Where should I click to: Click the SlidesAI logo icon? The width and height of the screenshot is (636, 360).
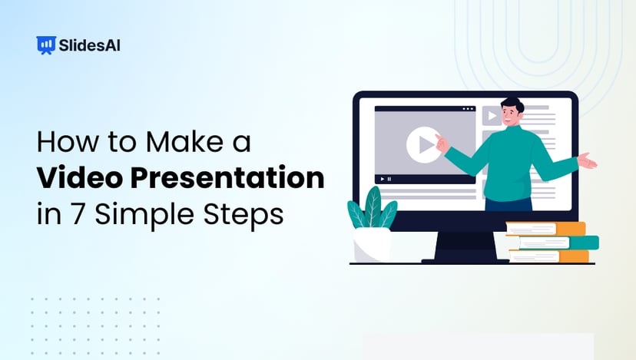pyautogui.click(x=46, y=45)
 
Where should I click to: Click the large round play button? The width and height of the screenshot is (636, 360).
pyautogui.click(x=423, y=145)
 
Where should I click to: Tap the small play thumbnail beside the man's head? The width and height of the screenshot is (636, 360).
pyautogui.click(x=491, y=117)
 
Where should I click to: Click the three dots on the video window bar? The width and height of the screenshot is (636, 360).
pyautogui.click(x=469, y=109)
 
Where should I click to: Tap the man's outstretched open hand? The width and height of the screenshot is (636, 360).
pyautogui.click(x=587, y=160)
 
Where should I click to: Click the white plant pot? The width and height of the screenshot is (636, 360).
pyautogui.click(x=372, y=245)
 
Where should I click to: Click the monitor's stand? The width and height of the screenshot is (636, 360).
pyautogui.click(x=462, y=246)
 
